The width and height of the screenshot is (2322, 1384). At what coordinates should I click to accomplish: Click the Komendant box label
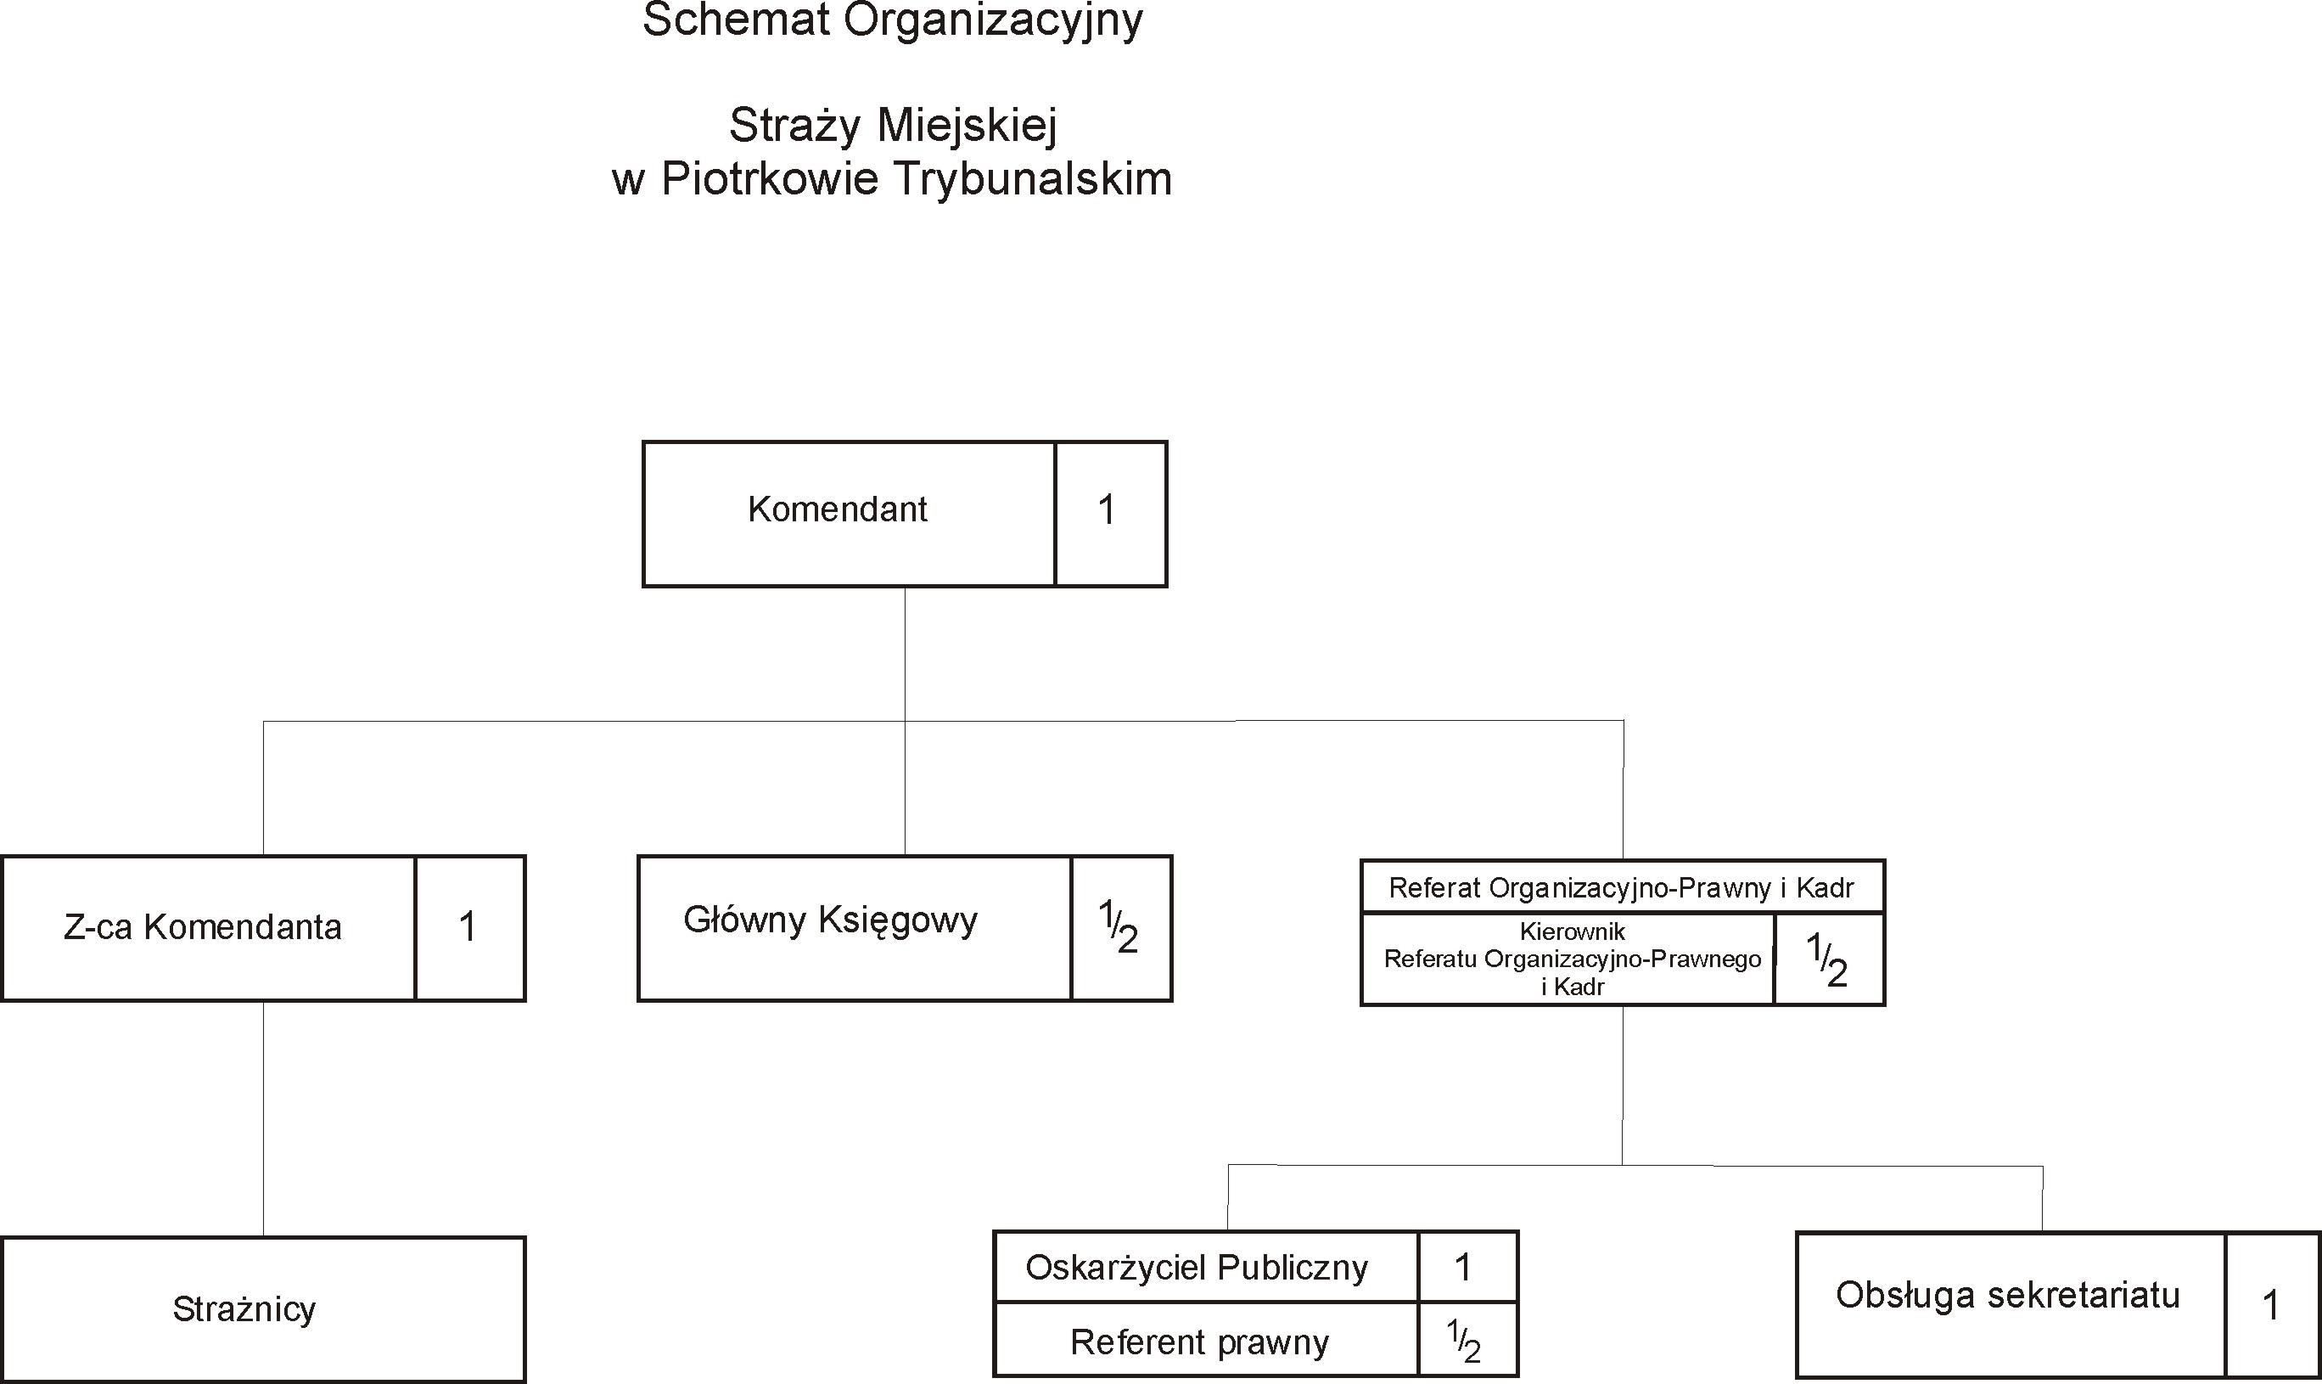pos(837,510)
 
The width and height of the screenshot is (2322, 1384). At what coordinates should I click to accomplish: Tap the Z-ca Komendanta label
pos(202,928)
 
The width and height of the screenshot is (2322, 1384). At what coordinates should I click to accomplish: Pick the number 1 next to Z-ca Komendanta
pos(468,928)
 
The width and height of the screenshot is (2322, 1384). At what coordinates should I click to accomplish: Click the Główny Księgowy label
pos(831,921)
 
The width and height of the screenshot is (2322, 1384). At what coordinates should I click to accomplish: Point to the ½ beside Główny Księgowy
pos(1119,927)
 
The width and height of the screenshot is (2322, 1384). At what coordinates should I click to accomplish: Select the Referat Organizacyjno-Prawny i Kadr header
pos(1621,888)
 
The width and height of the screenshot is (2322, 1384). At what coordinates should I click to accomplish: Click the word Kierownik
pos(1573,931)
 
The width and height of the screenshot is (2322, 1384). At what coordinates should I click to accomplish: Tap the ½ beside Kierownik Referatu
pos(1827,959)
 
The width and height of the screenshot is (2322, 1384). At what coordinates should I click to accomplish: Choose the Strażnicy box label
pos(244,1309)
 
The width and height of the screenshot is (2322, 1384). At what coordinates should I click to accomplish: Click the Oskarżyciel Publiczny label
pos(1197,1269)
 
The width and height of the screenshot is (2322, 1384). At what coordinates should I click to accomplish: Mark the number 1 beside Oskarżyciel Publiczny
pos(1462,1268)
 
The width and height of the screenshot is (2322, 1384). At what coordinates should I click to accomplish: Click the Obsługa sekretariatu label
pos(2008,1296)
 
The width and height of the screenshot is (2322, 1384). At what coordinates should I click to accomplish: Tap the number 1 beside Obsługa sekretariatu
pos(2271,1306)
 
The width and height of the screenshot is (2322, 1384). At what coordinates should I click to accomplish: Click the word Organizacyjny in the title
pos(993,21)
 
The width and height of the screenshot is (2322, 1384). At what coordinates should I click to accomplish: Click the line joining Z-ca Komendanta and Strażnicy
pos(264,1119)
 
